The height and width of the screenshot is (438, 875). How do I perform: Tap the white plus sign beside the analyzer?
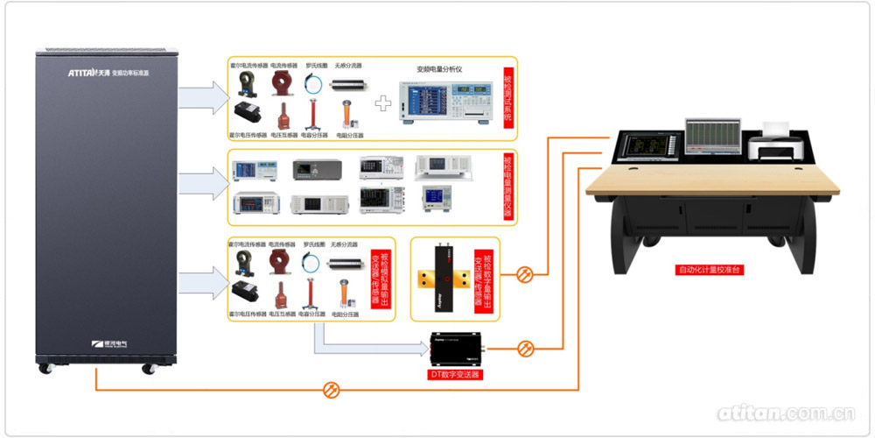[382, 102]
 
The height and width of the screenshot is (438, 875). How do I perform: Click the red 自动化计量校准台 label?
[710, 270]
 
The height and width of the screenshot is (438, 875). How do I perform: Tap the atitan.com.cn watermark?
[785, 413]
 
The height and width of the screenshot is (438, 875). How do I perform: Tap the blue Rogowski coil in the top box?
[314, 83]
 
